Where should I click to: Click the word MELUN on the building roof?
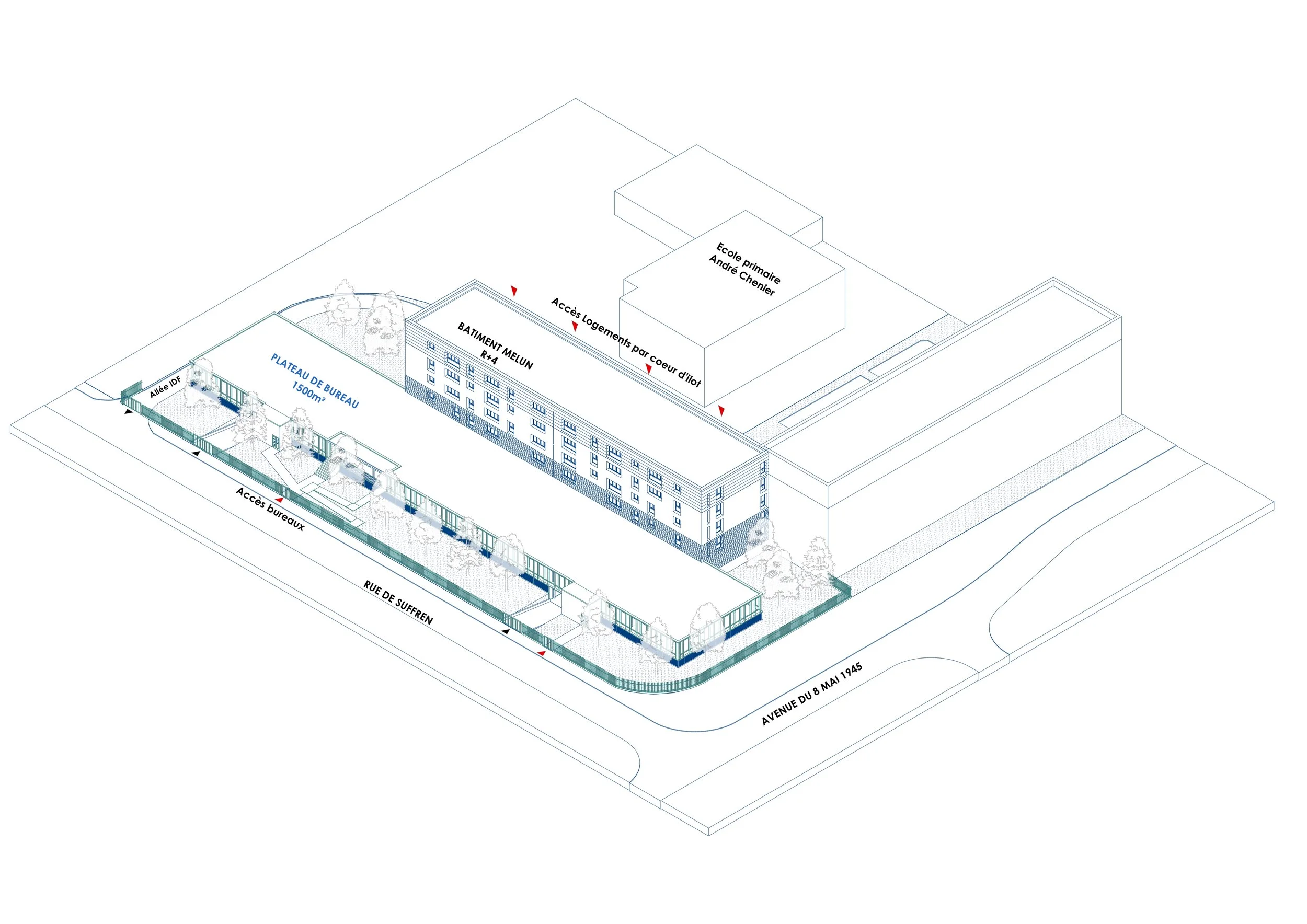[x=518, y=355]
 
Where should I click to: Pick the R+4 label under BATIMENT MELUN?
[x=489, y=357]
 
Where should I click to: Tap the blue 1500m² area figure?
[x=308, y=391]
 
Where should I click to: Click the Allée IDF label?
[x=165, y=387]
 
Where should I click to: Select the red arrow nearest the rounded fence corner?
[x=541, y=653]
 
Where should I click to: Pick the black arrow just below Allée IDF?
[x=129, y=411]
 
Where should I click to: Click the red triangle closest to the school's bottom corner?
[x=721, y=410]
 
